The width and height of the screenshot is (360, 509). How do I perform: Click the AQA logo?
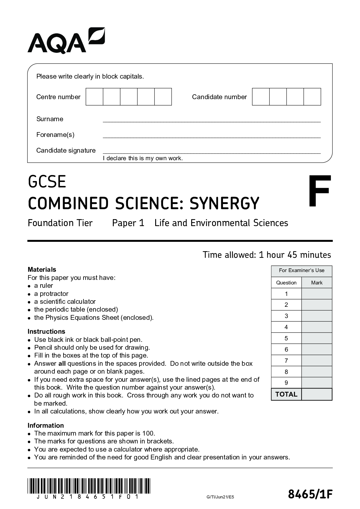[x=66, y=41]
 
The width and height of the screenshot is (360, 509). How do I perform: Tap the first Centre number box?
[x=94, y=97]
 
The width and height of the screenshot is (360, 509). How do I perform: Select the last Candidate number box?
[x=312, y=97]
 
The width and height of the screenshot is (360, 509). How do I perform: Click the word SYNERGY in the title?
[x=224, y=203]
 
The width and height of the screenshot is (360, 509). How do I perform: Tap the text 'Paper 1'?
[x=128, y=223]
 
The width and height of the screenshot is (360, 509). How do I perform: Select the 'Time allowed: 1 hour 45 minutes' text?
[x=267, y=255]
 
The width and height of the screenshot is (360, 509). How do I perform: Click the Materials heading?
[x=42, y=269]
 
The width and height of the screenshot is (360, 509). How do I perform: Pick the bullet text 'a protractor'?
[x=51, y=293]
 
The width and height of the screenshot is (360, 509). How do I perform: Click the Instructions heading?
[x=46, y=331]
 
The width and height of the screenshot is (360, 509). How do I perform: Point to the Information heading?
[x=46, y=425]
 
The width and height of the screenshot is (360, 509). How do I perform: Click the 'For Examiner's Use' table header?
[x=301, y=271]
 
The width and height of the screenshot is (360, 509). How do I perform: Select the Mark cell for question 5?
[x=317, y=338]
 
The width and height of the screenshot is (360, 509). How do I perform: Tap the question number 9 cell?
[x=286, y=383]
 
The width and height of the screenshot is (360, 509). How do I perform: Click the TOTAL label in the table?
[x=286, y=394]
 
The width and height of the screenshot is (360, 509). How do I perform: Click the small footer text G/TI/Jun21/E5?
[x=220, y=497]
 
